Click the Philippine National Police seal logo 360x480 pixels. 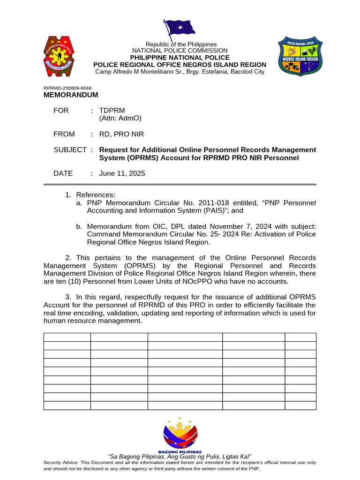pyautogui.click(x=62, y=57)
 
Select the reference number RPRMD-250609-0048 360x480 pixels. pyautogui.click(x=67, y=88)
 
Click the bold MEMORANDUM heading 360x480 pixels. pyautogui.click(x=71, y=95)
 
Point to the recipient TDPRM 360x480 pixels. pyautogui.click(x=112, y=111)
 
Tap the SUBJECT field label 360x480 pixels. pyautogui.click(x=70, y=150)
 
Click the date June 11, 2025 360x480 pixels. pyautogui.click(x=122, y=173)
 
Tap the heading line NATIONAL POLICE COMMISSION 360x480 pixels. pyautogui.click(x=180, y=51)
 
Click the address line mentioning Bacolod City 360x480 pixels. pyautogui.click(x=180, y=72)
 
